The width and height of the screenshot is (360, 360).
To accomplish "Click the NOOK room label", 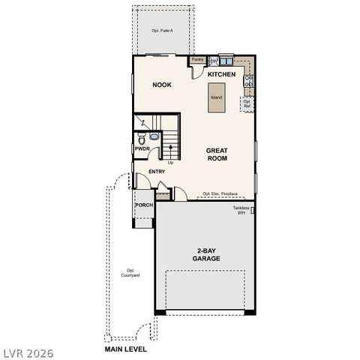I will [x=162, y=85].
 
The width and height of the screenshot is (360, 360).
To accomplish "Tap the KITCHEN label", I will [x=222, y=75].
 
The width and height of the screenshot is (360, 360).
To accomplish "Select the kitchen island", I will [x=216, y=98].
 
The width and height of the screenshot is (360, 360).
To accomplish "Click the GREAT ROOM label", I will [x=217, y=154].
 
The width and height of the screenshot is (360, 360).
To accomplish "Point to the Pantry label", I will [x=198, y=59].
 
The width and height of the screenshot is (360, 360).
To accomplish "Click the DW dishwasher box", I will [x=214, y=60].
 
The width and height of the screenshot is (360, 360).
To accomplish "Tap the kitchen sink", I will [x=227, y=59].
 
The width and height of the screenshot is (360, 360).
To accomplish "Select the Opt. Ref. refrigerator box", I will [x=247, y=104].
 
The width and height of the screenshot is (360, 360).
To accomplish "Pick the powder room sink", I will [x=154, y=136].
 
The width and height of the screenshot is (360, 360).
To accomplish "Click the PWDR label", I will [x=142, y=149].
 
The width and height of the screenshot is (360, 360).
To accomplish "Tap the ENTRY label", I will [x=157, y=172].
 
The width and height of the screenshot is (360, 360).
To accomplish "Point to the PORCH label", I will [x=144, y=205].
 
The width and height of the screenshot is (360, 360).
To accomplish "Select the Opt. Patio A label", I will [x=162, y=31].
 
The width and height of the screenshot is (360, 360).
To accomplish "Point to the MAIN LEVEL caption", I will [x=126, y=349].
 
